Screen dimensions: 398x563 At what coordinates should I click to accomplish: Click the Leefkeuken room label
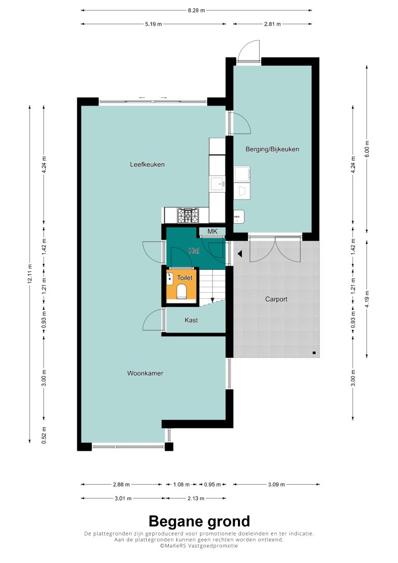(x=147, y=165)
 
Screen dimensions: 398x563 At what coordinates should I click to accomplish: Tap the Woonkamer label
(x=145, y=373)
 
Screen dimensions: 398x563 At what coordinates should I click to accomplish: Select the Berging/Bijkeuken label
(x=272, y=149)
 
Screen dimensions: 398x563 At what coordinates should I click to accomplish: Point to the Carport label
(x=276, y=299)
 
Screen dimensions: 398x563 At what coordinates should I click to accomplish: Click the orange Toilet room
(x=181, y=286)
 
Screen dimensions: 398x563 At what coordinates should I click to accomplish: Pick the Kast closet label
(x=191, y=320)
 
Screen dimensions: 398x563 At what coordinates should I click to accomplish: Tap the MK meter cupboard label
(x=212, y=232)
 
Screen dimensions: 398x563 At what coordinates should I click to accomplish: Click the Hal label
(x=194, y=251)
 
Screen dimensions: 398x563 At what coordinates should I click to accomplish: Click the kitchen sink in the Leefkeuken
(x=217, y=184)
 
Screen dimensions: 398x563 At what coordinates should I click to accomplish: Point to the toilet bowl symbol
(x=182, y=291)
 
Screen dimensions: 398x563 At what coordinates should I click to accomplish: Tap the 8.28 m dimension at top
(x=196, y=10)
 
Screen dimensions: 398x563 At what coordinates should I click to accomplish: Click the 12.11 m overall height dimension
(x=30, y=274)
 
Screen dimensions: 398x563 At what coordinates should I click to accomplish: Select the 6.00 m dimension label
(x=367, y=149)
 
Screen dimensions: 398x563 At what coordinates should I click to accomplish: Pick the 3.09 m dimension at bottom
(x=276, y=485)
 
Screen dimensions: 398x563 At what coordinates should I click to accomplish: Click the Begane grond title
(x=199, y=521)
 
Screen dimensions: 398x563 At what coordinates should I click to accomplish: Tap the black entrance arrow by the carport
(x=239, y=254)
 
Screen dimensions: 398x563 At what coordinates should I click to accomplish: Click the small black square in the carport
(x=314, y=353)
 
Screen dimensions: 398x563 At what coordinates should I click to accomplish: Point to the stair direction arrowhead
(x=212, y=300)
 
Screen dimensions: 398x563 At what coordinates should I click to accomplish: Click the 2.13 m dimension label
(x=195, y=498)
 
